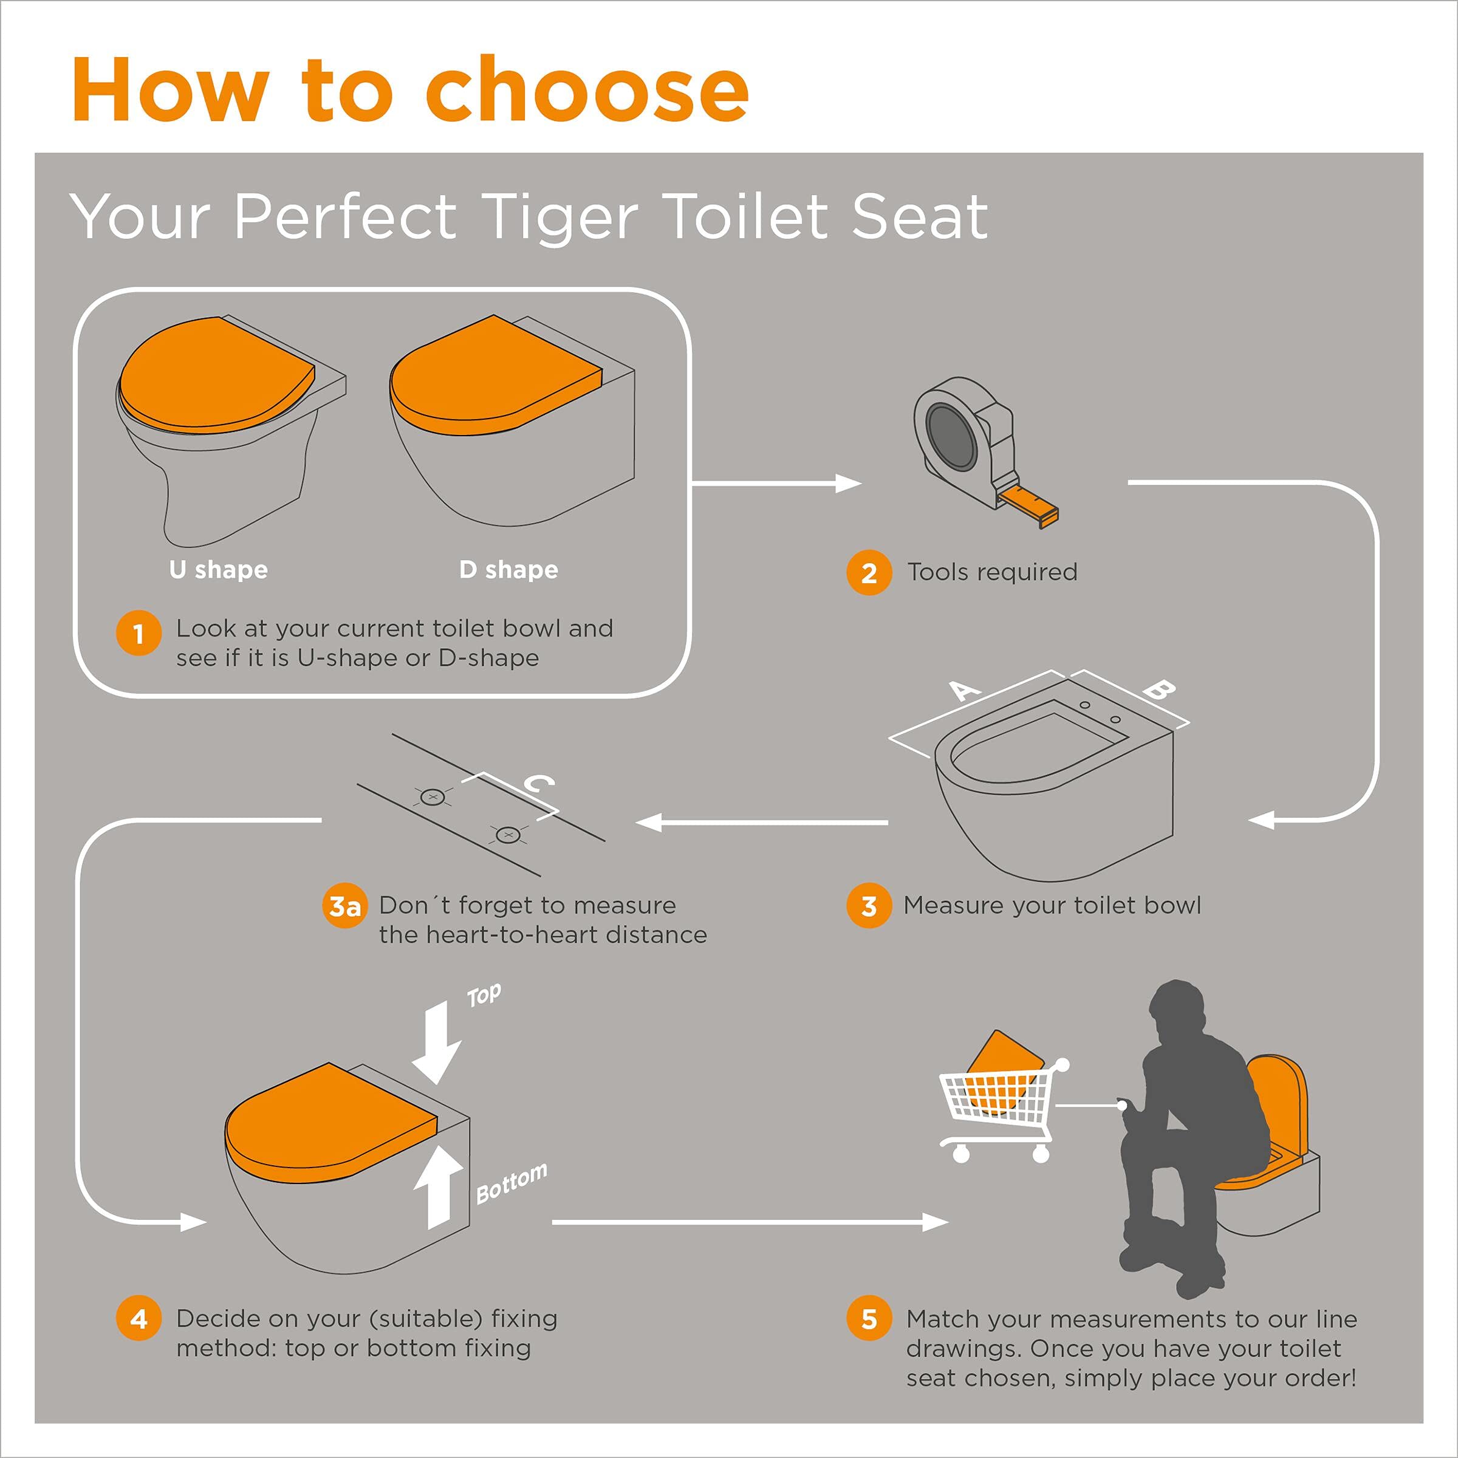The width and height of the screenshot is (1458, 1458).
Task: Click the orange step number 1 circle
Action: click(x=139, y=633)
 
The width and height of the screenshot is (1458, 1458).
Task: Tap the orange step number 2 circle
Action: click(x=869, y=573)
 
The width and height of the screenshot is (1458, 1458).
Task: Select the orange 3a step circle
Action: click(x=345, y=906)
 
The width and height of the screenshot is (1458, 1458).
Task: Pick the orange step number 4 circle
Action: click(x=139, y=1318)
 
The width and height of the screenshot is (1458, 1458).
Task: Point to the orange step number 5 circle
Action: click(x=869, y=1318)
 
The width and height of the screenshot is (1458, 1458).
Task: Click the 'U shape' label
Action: click(x=218, y=570)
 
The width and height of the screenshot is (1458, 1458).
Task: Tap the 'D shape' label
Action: click(x=508, y=570)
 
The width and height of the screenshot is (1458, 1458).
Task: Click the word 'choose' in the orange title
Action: click(x=587, y=91)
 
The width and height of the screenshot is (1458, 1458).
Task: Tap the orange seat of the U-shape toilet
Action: click(x=217, y=374)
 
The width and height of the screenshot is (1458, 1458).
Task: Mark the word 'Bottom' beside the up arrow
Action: click(x=512, y=1183)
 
